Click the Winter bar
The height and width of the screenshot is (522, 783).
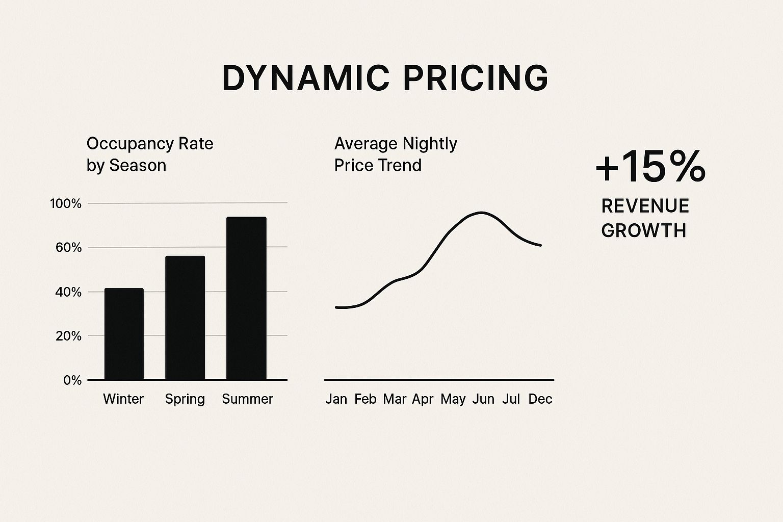[124, 334]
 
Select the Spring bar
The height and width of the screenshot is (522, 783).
[185, 318]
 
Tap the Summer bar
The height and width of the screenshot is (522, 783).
[246, 298]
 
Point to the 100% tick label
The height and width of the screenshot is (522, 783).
[66, 203]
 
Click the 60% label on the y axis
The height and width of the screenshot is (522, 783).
[68, 248]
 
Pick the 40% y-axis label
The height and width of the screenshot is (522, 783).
[68, 292]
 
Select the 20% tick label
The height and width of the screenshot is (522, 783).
[68, 336]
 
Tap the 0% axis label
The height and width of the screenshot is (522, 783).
[72, 380]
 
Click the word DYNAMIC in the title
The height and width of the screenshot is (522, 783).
[306, 78]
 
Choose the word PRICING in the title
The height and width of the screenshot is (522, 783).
[476, 78]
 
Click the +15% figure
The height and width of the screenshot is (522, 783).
[650, 167]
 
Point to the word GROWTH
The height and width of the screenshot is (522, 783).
[643, 231]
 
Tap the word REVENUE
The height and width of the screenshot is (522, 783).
[645, 206]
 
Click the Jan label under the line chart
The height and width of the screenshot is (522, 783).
[336, 399]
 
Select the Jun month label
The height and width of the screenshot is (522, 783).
[483, 399]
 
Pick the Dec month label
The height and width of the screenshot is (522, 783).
[540, 399]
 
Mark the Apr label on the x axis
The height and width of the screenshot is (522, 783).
[423, 399]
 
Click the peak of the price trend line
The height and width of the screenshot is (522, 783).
[482, 213]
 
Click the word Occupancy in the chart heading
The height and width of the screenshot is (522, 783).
[130, 144]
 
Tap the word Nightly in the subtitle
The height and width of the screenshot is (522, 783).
[430, 144]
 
